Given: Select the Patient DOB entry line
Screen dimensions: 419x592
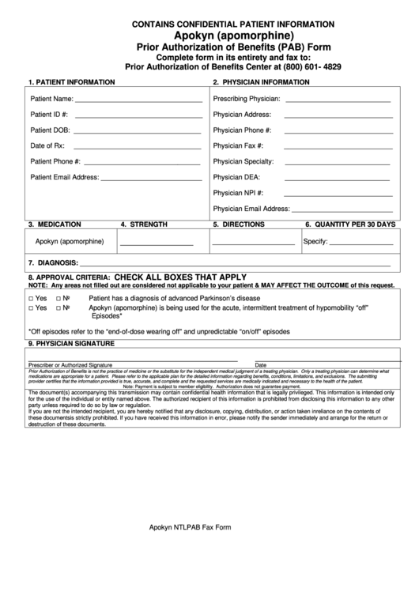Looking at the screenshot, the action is tap(138, 132).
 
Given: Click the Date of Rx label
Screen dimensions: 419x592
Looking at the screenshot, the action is tap(47, 145).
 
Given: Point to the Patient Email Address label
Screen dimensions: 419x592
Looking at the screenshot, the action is tap(64, 177).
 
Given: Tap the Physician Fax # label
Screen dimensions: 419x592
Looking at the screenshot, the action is tap(238, 145).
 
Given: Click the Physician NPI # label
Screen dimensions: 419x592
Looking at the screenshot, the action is tap(238, 192).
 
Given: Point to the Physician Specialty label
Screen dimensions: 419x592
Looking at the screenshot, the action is tap(243, 161).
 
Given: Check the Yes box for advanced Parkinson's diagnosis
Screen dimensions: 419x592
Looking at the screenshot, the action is tap(31, 299).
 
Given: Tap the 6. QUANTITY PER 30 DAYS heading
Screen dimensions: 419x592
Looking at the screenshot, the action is tap(349, 224).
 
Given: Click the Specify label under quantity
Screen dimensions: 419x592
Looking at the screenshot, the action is tap(315, 242).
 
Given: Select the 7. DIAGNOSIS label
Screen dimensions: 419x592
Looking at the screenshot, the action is tap(52, 262).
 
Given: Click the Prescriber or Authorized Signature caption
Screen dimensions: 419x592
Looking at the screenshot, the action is tap(70, 364).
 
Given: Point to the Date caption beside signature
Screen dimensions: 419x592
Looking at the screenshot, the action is tap(261, 364).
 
